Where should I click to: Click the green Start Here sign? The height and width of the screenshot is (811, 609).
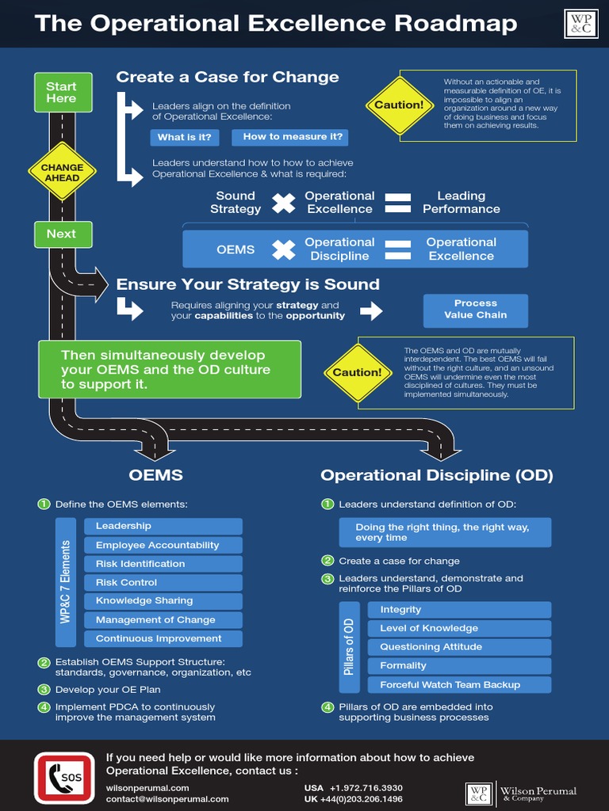click(x=62, y=92)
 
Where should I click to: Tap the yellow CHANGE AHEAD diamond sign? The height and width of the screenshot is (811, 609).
click(x=62, y=173)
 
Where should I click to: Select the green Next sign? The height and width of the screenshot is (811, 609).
click(x=62, y=234)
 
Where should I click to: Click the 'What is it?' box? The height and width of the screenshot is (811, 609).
click(x=184, y=137)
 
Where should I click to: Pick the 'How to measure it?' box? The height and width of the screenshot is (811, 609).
click(x=290, y=137)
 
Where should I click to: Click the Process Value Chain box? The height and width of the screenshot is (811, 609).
click(x=475, y=309)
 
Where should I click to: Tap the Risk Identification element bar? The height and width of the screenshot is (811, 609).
click(x=163, y=564)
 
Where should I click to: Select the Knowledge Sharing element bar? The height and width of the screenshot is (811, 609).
click(x=163, y=601)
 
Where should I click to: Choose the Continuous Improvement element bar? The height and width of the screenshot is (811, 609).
click(x=163, y=638)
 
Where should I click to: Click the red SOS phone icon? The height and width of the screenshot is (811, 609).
click(x=64, y=777)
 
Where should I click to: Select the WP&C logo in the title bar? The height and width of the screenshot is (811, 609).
click(x=581, y=25)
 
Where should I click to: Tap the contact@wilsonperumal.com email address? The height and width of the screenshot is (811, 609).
click(x=167, y=799)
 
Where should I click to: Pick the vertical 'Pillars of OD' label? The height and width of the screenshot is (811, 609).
click(x=349, y=646)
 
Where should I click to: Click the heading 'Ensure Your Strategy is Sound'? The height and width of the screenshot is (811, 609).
click(x=248, y=284)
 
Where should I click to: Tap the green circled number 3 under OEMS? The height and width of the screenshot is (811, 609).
click(x=44, y=690)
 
